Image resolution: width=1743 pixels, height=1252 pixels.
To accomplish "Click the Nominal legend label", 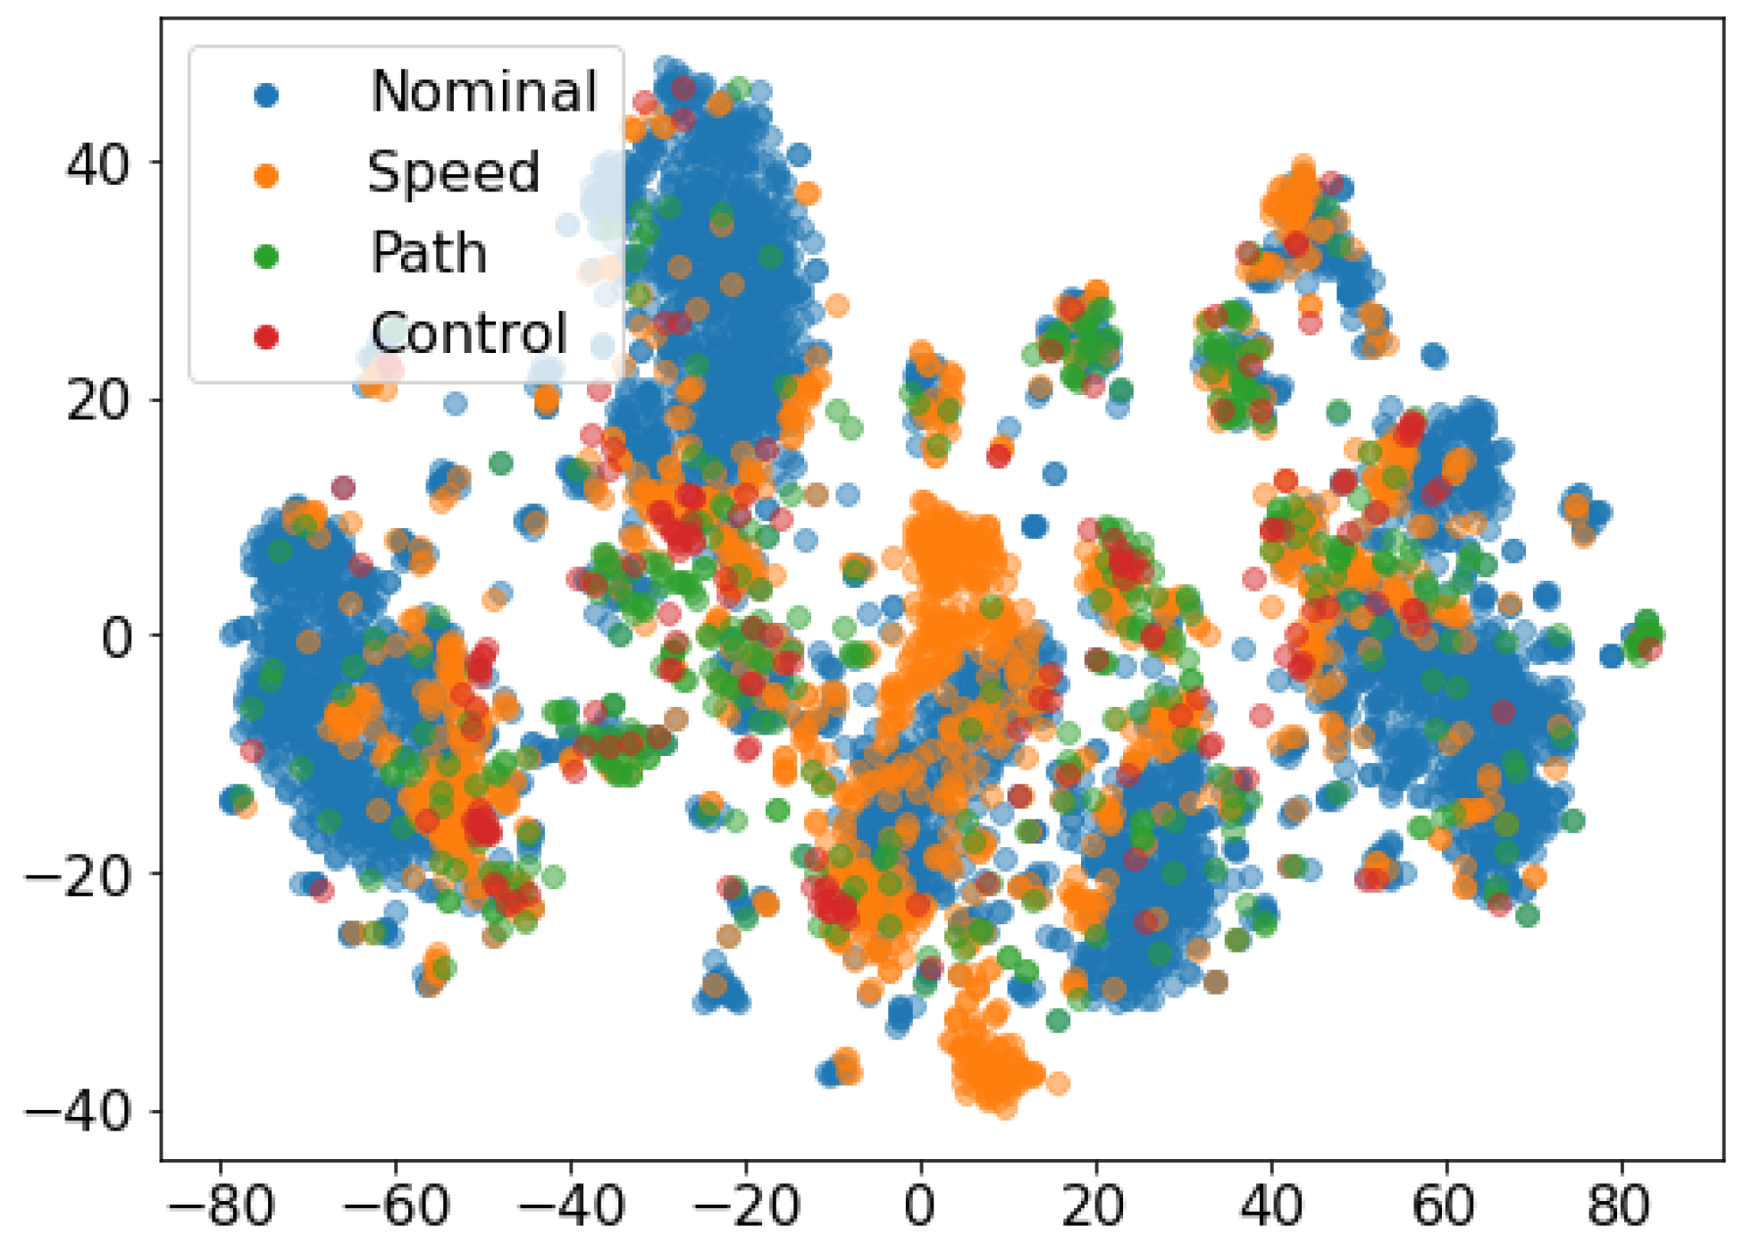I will pos(483,91).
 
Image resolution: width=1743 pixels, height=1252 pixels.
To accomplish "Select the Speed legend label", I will pos(454,172).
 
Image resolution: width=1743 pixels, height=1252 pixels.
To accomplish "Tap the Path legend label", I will pos(429,253).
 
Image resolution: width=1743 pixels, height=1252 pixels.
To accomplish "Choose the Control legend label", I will pos(469,333).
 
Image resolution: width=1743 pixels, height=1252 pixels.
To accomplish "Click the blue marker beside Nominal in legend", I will pos(265,95).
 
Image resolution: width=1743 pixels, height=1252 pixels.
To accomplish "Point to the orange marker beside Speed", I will pos(265,175).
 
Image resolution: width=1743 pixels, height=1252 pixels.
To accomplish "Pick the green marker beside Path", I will pos(265,256).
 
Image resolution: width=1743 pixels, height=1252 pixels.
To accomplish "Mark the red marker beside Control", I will pos(265,337).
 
